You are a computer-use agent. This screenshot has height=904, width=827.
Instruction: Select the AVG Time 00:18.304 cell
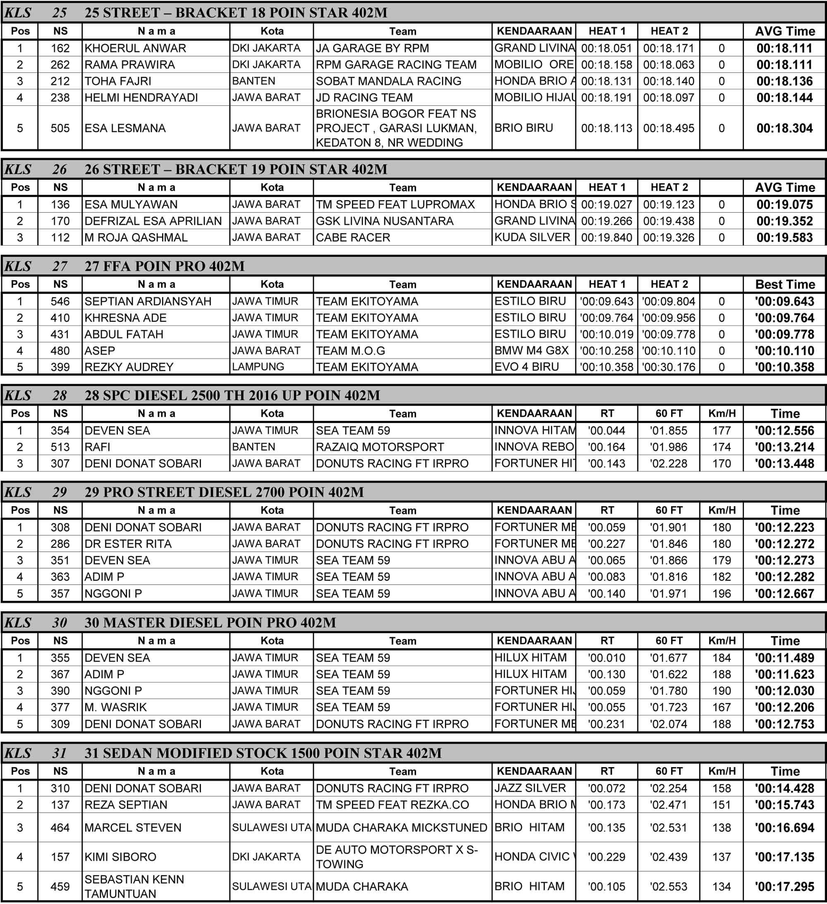[784, 128]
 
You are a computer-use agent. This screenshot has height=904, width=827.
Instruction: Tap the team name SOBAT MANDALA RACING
[388, 81]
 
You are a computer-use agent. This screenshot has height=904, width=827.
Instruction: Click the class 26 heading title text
[235, 169]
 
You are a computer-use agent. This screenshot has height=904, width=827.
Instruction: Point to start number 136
[60, 204]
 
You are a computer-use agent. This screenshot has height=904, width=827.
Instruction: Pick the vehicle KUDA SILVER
[532, 237]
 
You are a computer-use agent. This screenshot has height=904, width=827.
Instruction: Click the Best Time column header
[785, 284]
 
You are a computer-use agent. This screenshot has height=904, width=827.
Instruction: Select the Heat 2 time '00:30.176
[668, 367]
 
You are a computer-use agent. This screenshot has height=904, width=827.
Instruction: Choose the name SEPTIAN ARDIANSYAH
[148, 301]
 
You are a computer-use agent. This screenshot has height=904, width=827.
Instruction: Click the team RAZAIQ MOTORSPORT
[380, 447]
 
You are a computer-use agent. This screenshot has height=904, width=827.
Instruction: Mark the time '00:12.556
[784, 430]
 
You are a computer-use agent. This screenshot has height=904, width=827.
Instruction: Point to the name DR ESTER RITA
[128, 544]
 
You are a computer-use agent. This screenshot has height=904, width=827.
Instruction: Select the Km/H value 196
[721, 593]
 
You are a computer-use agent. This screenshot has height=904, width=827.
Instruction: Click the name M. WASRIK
[115, 707]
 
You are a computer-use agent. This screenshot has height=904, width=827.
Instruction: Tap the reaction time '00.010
[606, 658]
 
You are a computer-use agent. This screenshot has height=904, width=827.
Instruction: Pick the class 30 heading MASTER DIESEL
[210, 622]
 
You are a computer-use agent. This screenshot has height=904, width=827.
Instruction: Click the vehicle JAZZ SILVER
[530, 788]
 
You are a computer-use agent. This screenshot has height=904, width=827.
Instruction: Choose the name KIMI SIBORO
[120, 857]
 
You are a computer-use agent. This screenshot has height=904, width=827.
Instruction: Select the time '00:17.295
[784, 887]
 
